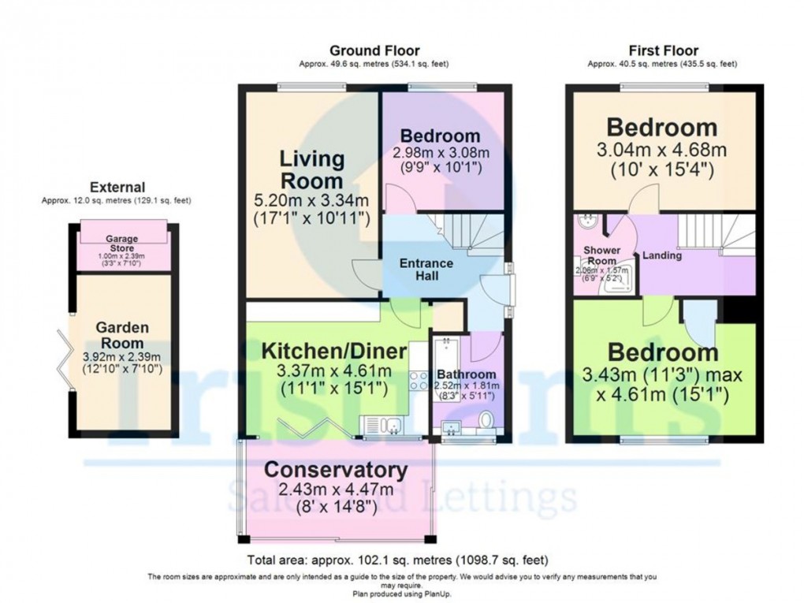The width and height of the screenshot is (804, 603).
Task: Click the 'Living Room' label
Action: (x=313, y=169)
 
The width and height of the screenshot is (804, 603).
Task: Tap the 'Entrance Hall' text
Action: (x=425, y=270)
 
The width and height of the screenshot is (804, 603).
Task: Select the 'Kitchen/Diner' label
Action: (x=334, y=351)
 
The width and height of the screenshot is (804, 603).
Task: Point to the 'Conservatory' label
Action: (x=336, y=470)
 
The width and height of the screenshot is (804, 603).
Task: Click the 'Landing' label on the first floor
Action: (x=662, y=255)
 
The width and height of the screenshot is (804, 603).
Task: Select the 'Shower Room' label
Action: (x=601, y=255)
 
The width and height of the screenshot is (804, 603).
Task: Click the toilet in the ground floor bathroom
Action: (x=486, y=419)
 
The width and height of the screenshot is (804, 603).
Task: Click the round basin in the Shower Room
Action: (x=586, y=221)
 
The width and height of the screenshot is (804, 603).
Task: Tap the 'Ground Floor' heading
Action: (x=374, y=51)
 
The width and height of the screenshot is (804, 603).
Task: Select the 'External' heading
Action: (x=117, y=188)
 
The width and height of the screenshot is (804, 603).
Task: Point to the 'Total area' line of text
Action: (x=397, y=561)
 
